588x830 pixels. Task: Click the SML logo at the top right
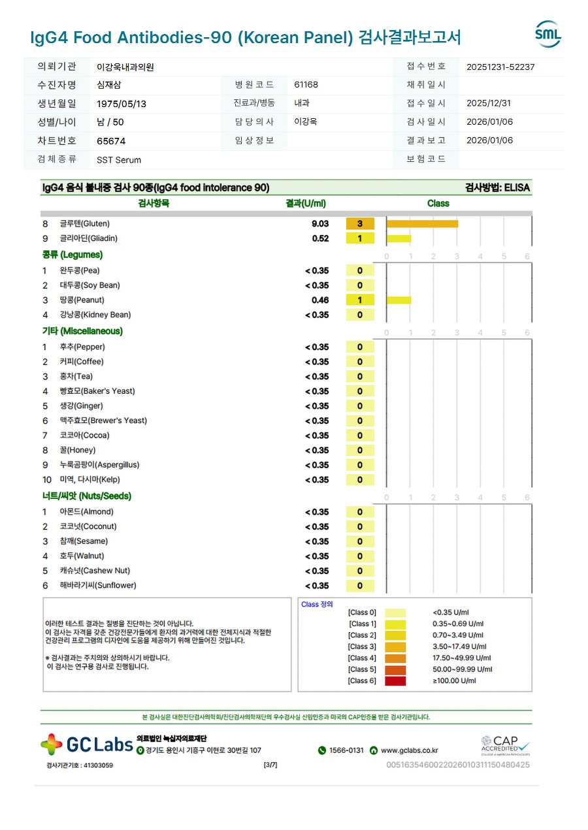click(x=547, y=34)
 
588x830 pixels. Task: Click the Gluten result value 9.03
click(x=320, y=224)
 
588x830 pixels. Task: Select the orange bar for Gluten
click(x=422, y=224)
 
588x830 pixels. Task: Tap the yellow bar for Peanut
click(x=399, y=300)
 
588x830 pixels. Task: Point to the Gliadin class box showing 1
click(x=360, y=239)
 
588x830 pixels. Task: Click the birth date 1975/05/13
click(x=122, y=104)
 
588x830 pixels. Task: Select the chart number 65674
click(x=111, y=141)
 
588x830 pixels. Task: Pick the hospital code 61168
click(x=306, y=85)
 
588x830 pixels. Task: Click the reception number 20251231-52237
click(x=500, y=67)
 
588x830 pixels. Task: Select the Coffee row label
click(x=82, y=362)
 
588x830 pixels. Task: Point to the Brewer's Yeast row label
click(x=103, y=421)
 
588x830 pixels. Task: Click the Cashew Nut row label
click(x=95, y=571)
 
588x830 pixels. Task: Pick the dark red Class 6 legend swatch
click(x=395, y=681)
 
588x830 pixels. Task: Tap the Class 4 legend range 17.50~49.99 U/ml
click(x=461, y=658)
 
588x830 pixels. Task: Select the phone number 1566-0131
click(x=346, y=750)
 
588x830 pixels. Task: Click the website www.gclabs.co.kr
click(x=409, y=750)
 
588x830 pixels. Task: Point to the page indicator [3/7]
click(x=270, y=765)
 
